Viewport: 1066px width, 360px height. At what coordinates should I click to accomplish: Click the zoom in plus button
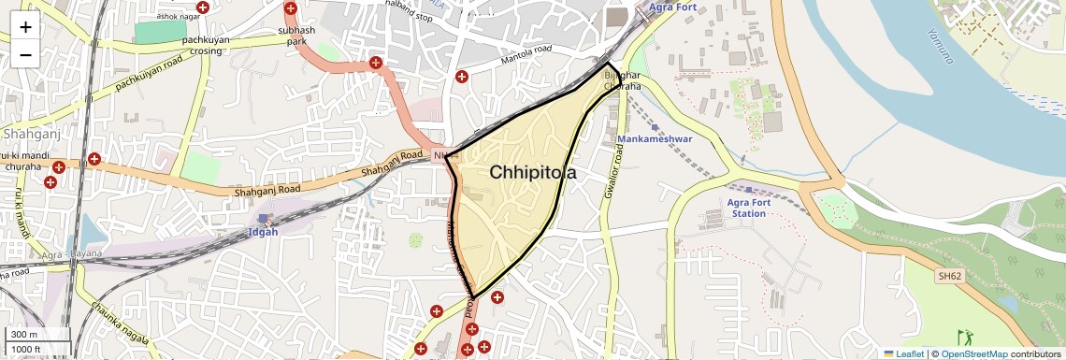(25, 27)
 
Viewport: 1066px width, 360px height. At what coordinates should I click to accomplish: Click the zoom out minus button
(25, 54)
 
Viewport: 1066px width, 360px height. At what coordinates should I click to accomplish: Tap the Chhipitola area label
(533, 173)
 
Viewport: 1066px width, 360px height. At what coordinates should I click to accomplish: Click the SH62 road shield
(950, 277)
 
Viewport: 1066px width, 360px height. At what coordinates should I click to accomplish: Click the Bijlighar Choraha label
(623, 79)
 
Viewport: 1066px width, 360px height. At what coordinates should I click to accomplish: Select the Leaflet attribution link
(902, 353)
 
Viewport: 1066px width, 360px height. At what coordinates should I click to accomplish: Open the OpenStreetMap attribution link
(973, 353)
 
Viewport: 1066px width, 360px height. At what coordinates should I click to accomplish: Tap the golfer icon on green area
(965, 336)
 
